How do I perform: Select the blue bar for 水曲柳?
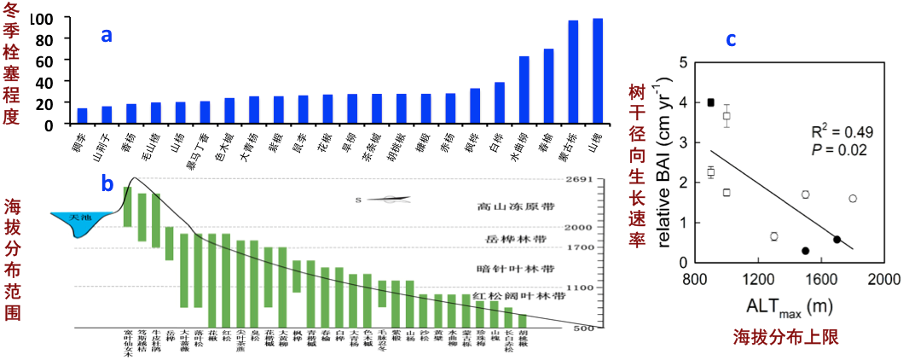524,90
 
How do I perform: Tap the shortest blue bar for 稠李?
82,116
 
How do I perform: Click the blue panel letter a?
106,35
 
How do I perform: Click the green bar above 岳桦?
169,243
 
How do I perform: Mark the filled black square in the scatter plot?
710,102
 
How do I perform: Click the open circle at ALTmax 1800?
853,199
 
